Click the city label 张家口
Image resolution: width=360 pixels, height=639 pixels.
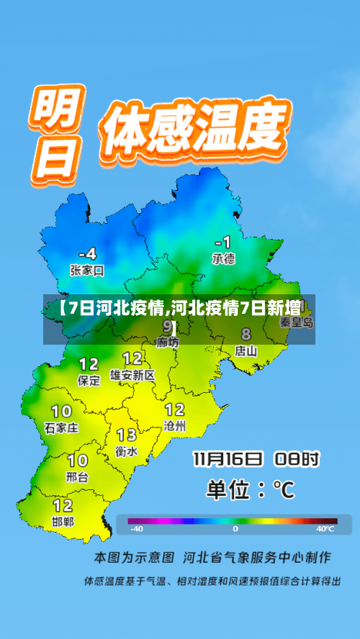(x=87, y=271)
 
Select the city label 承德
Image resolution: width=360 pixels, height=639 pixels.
(x=223, y=258)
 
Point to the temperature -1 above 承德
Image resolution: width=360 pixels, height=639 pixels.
(x=223, y=241)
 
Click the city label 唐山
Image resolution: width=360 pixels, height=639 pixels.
(x=246, y=351)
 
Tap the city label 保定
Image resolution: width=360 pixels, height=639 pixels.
(x=89, y=381)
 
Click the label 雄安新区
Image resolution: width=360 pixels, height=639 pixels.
(x=132, y=375)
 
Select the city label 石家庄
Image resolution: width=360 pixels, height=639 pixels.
(x=61, y=427)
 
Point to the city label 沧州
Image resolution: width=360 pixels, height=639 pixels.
(x=175, y=426)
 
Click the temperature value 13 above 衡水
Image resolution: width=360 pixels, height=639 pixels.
(x=127, y=435)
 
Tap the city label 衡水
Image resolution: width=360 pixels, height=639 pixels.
(x=127, y=451)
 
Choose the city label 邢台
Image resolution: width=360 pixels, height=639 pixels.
(x=77, y=476)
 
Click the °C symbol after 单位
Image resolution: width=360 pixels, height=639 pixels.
(x=282, y=490)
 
